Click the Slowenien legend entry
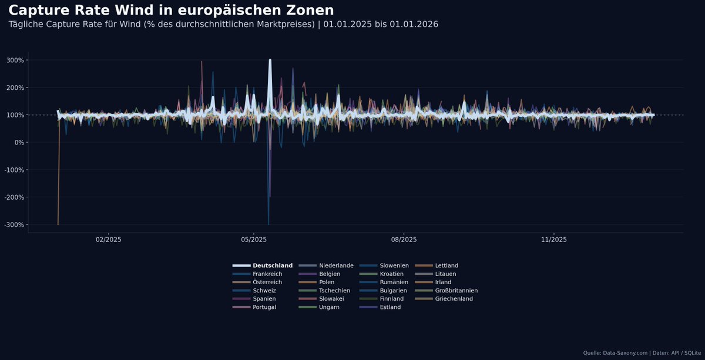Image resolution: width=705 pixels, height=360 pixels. coord(394,265)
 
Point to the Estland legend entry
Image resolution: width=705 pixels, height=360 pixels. coord(390,307)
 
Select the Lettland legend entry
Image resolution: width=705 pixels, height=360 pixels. coord(446,265)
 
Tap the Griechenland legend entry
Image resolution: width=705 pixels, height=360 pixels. coord(454,299)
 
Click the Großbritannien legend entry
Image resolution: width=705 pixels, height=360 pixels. coord(456,291)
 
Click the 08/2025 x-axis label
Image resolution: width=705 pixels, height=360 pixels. coord(404,240)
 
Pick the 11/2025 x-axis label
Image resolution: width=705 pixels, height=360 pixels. coord(553,240)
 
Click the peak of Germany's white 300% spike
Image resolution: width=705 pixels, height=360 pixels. coord(270,60)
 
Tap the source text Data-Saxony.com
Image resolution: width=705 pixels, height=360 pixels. coord(625,352)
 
